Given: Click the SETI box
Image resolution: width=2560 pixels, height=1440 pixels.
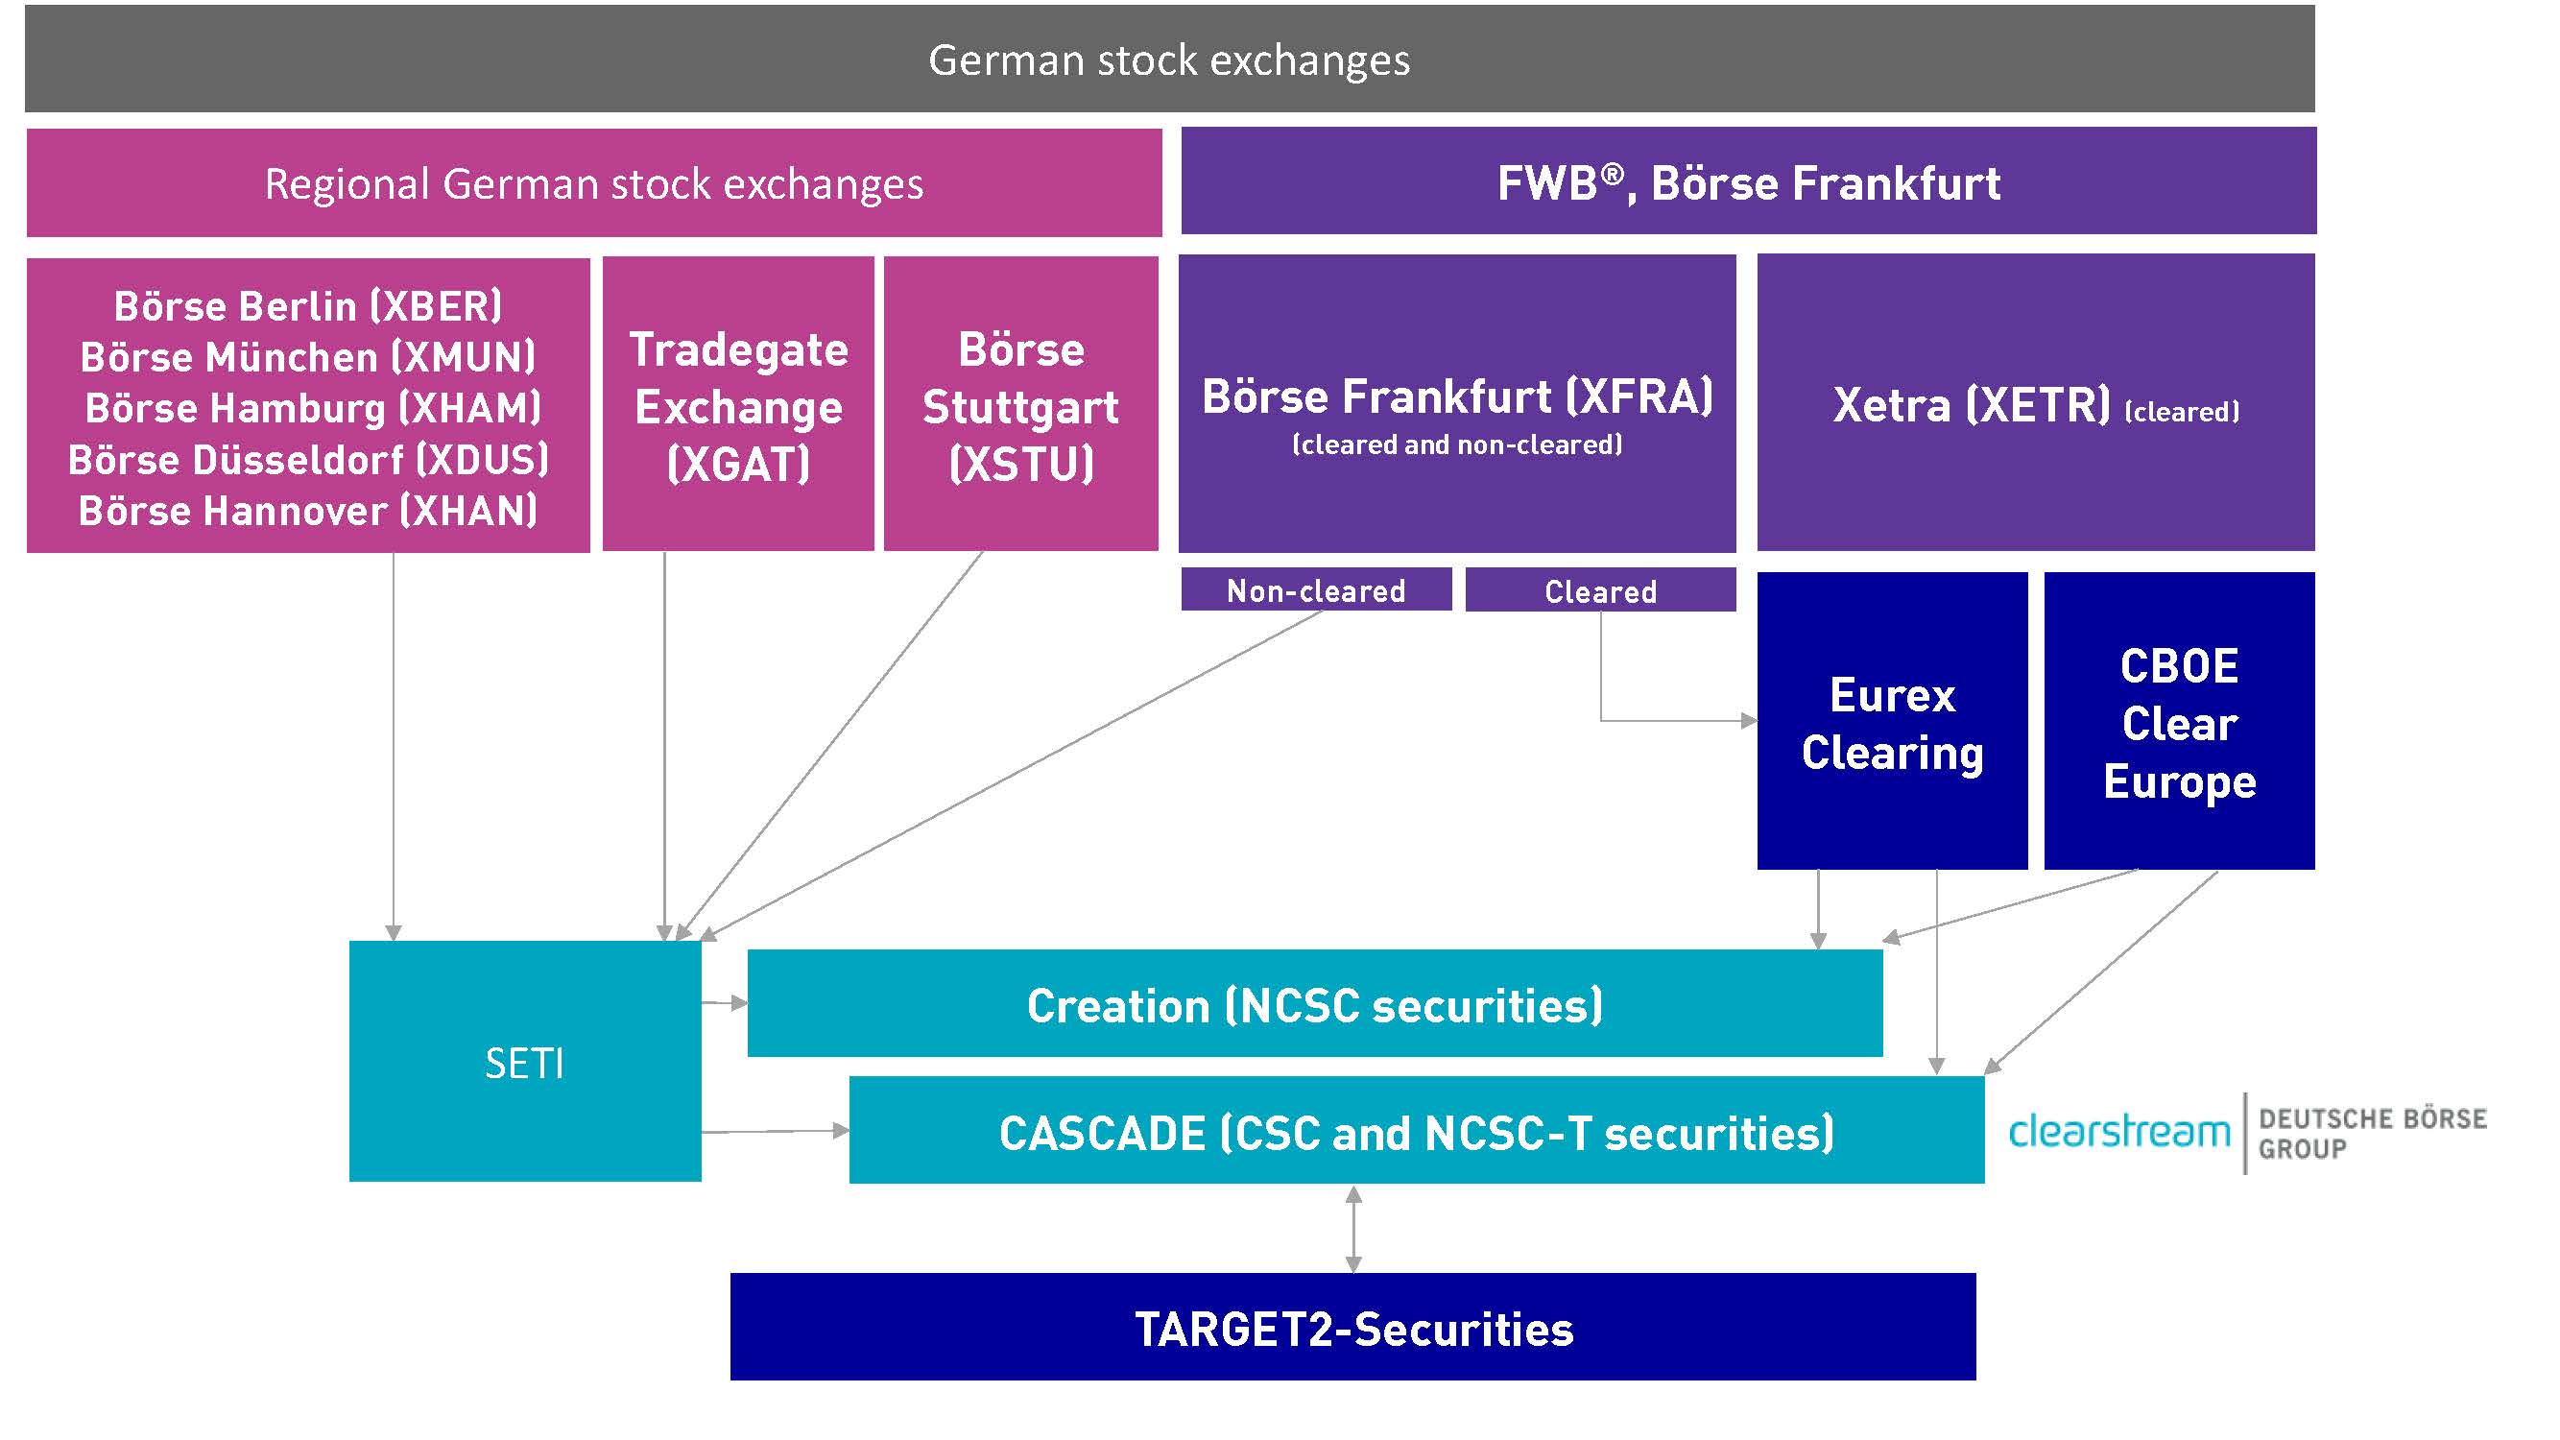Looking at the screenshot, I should [525, 1062].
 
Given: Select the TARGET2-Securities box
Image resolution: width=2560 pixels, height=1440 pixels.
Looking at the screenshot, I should [1352, 1327].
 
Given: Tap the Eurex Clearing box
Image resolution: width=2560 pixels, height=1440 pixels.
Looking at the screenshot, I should [1891, 722].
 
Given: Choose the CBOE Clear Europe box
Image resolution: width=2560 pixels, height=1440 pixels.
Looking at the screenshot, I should [2178, 722].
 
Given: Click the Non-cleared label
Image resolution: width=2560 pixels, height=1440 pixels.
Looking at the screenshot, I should [1316, 590].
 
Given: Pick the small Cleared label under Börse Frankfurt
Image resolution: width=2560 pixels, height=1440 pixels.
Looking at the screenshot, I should [1600, 591].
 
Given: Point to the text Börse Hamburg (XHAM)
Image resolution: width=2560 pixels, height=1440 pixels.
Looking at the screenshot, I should [313, 407].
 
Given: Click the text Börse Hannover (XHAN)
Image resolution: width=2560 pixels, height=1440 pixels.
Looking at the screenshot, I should [308, 511].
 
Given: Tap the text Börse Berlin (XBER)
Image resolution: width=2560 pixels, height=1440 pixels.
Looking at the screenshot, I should [308, 305].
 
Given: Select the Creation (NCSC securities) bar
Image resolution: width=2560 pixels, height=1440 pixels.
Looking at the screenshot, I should [1314, 1004].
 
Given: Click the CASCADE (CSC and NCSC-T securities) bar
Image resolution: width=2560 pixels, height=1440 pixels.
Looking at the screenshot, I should [1416, 1131].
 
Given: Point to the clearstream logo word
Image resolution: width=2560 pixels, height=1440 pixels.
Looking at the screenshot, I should [2118, 1131].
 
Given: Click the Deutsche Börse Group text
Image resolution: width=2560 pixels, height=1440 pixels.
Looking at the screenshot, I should [2372, 1133].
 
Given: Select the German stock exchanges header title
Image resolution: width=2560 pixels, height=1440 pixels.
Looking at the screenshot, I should [1169, 60].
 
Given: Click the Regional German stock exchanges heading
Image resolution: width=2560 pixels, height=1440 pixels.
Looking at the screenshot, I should [593, 184].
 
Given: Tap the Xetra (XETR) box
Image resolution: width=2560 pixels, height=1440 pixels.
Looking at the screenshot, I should [2035, 403].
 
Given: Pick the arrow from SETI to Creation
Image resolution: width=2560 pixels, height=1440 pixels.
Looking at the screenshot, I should [725, 1003].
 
